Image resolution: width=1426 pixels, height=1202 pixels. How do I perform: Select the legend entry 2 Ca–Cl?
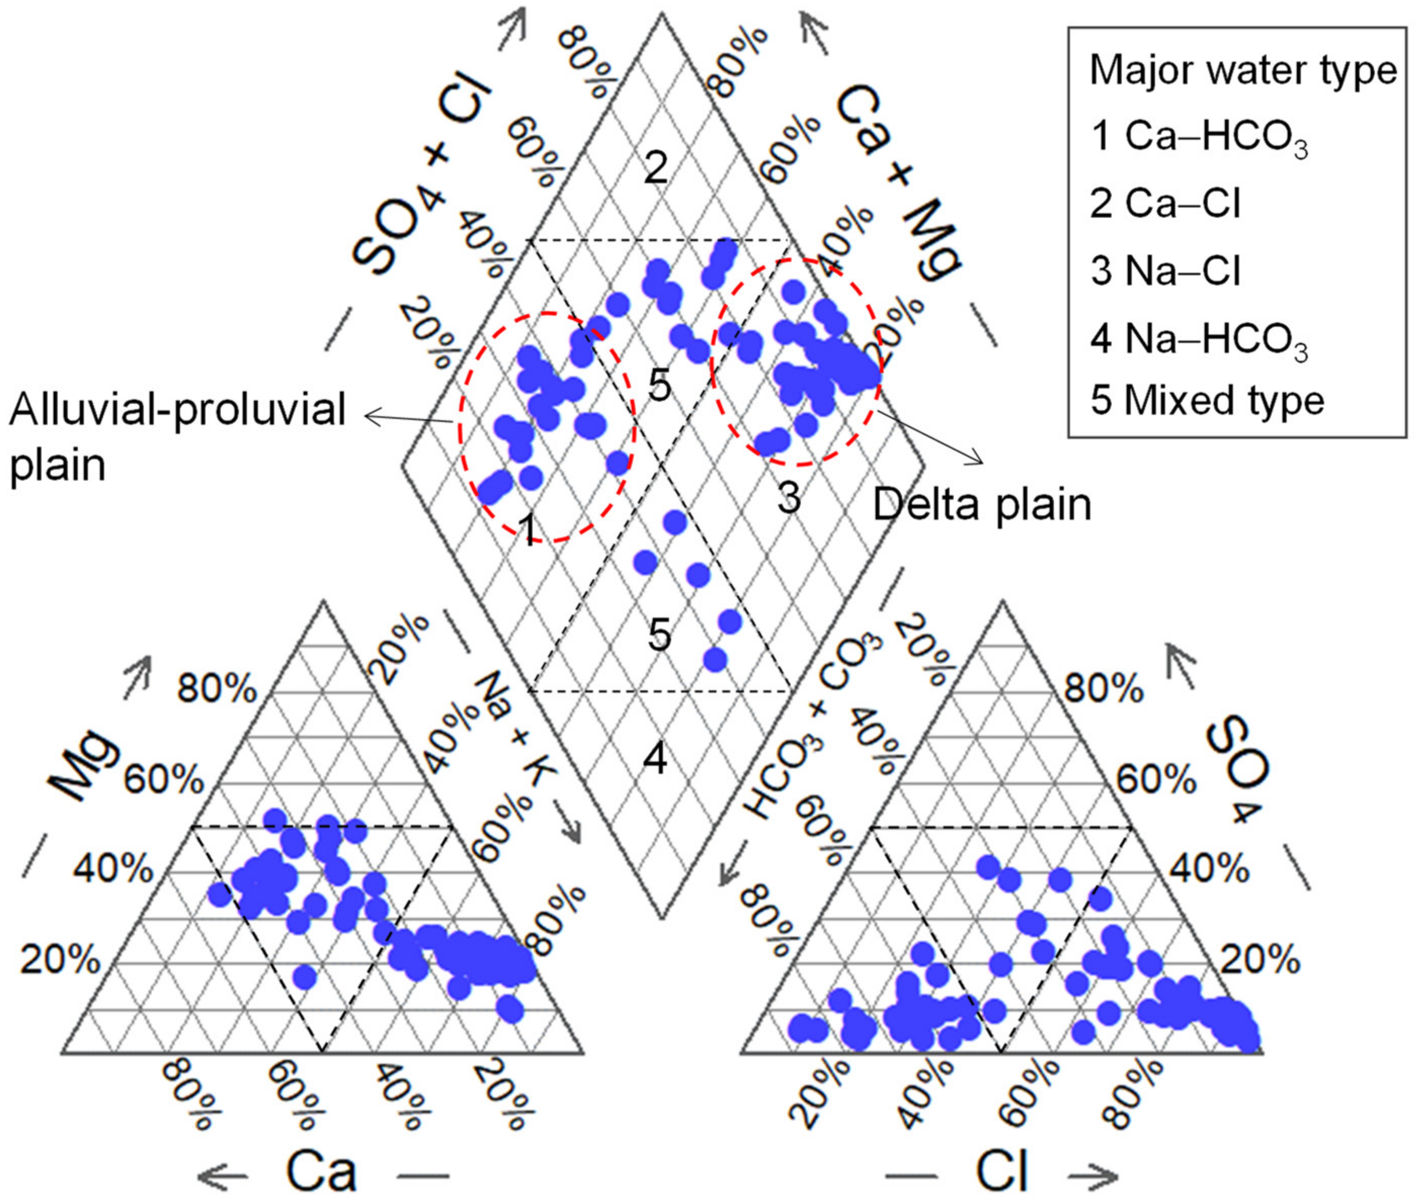pos(1166,203)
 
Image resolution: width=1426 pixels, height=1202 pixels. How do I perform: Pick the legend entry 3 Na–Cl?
pos(1166,271)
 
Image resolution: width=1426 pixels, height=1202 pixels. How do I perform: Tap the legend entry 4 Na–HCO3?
pos(1198,340)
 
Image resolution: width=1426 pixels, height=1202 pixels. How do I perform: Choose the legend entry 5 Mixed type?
pos(1206,401)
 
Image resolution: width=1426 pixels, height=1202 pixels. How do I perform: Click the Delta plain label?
pos(982,505)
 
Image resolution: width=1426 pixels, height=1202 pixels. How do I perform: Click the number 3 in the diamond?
pos(789,499)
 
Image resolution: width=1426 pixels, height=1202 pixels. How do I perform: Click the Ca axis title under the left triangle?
pos(320,1171)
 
